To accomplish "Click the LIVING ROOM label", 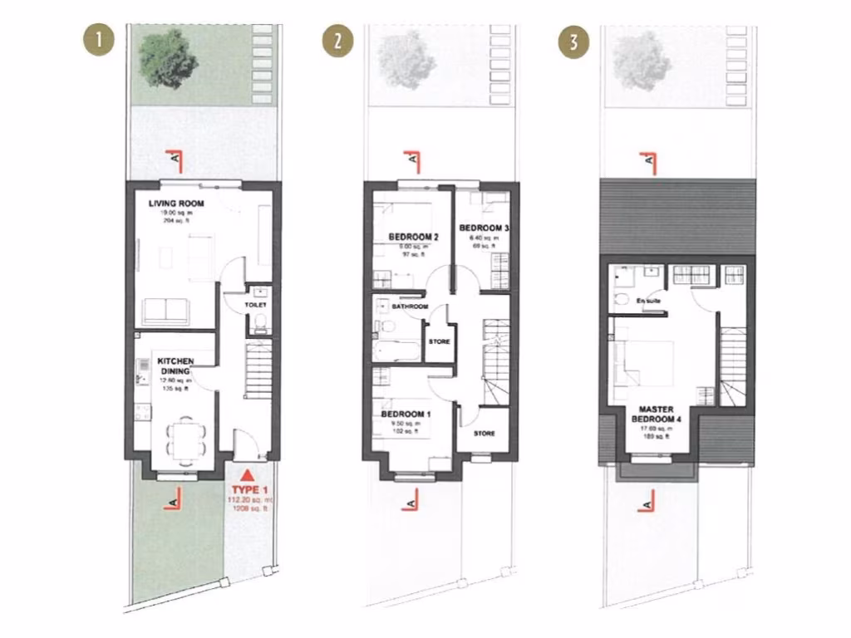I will click(x=176, y=203).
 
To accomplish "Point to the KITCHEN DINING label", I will click(x=176, y=366).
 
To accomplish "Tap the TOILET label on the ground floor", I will click(x=255, y=306).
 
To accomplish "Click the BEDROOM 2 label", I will click(x=414, y=237).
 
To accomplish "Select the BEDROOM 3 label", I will click(x=483, y=228).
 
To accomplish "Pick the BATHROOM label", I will click(x=410, y=307).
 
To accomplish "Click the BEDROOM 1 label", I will click(x=406, y=414).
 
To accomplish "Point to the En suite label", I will click(x=647, y=300).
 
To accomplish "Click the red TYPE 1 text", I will click(x=248, y=490).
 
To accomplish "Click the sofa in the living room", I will click(x=165, y=311).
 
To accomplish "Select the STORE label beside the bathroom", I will click(x=439, y=341).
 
